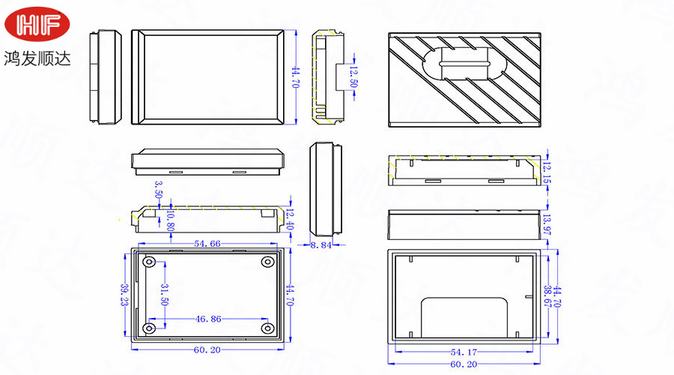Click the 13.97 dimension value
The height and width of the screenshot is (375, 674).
[546, 224]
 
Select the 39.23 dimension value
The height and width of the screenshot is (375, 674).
[124, 294]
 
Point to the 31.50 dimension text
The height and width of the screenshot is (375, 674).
[165, 295]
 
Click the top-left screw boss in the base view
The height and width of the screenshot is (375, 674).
[150, 262]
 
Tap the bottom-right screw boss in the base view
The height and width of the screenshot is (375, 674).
[267, 328]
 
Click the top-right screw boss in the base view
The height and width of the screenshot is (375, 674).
[267, 262]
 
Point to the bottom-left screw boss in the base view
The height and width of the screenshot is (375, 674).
[150, 328]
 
